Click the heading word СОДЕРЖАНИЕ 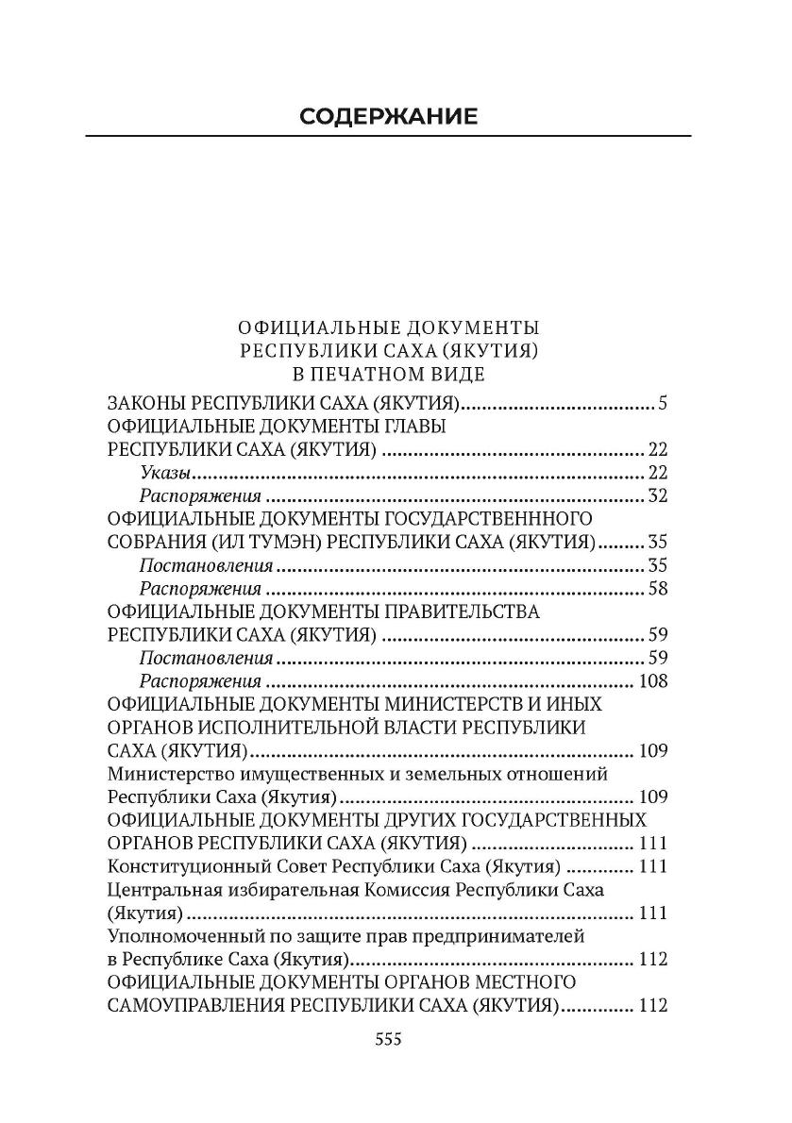click(x=388, y=116)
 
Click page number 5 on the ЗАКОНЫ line click(x=663, y=405)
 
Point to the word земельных click(x=474, y=774)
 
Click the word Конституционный click(x=190, y=866)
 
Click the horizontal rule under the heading click(x=388, y=138)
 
